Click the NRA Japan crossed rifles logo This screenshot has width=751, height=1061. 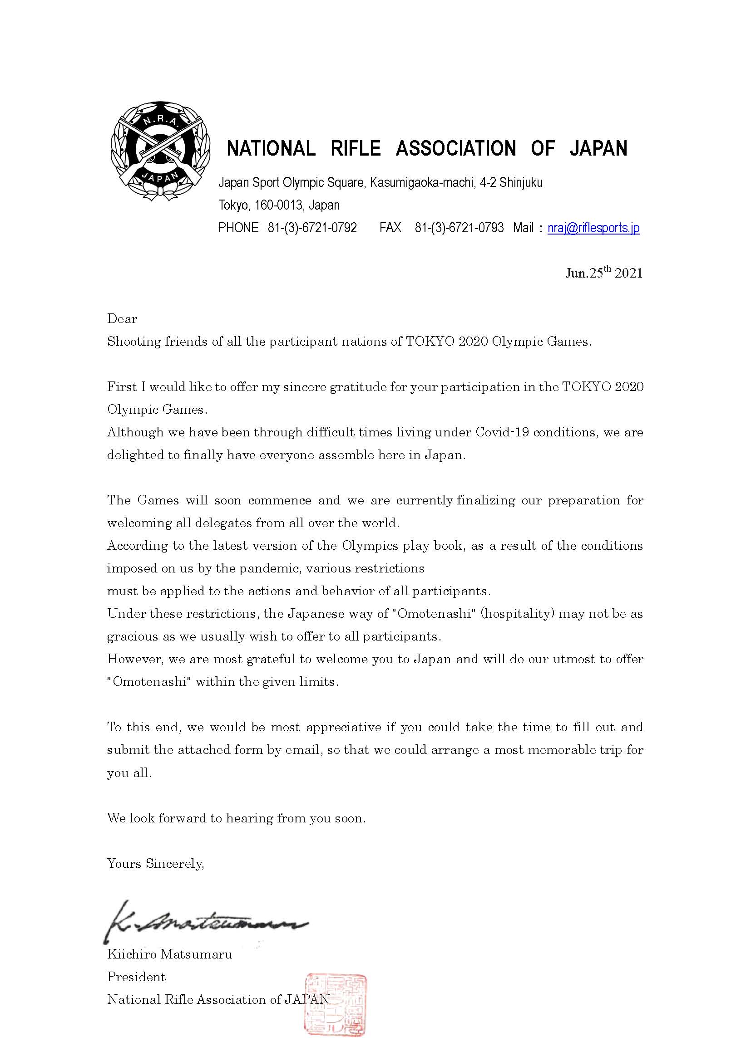pyautogui.click(x=160, y=151)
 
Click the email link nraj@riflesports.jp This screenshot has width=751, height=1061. pyautogui.click(x=593, y=228)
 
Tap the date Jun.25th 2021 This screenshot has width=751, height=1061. pyautogui.click(x=603, y=273)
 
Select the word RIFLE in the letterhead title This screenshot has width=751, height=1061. pyautogui.click(x=356, y=149)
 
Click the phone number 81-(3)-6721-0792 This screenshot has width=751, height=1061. pyautogui.click(x=312, y=228)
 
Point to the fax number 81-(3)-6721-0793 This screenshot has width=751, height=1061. pyautogui.click(x=459, y=228)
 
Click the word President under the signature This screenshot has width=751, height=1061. pyautogui.click(x=136, y=977)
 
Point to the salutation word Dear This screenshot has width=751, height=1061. pyautogui.click(x=122, y=319)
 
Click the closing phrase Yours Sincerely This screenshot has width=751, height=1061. pyautogui.click(x=155, y=863)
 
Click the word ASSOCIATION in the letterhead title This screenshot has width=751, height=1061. pyautogui.click(x=455, y=149)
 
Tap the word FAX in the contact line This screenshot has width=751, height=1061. pyautogui.click(x=390, y=228)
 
